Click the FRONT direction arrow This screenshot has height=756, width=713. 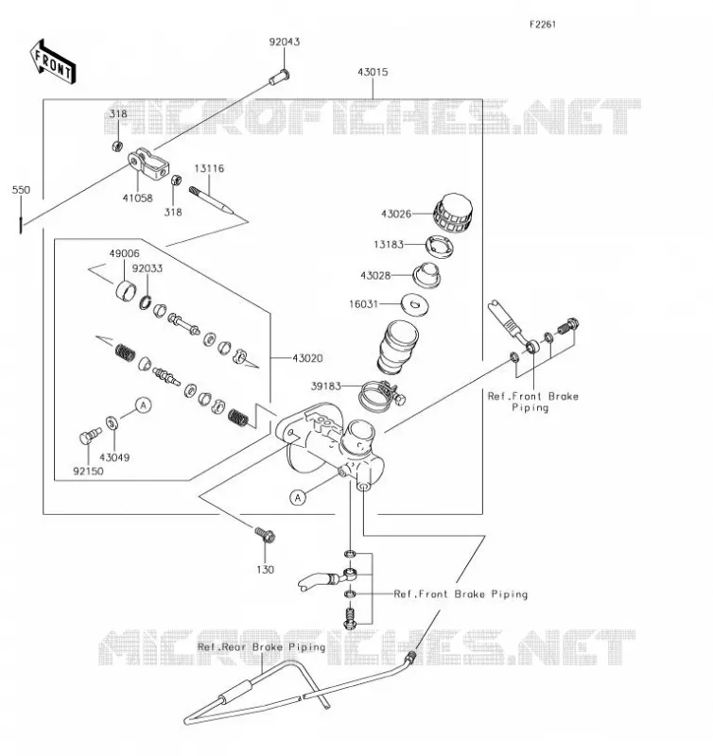(53, 61)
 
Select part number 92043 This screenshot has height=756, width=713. (284, 42)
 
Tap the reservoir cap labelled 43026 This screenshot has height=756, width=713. (453, 214)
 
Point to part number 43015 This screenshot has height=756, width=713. (373, 73)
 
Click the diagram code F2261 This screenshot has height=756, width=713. (543, 25)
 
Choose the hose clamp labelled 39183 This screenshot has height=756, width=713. (382, 395)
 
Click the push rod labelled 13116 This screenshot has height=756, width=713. (211, 199)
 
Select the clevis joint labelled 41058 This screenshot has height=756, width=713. (148, 163)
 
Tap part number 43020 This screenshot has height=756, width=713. (307, 358)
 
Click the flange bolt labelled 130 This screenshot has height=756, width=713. (265, 534)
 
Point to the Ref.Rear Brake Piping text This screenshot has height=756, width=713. (262, 647)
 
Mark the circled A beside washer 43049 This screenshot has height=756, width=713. (144, 405)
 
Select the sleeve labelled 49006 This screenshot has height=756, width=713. (126, 289)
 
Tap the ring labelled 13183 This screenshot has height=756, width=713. (440, 245)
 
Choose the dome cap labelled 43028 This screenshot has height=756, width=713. (426, 276)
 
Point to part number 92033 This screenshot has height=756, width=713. (148, 268)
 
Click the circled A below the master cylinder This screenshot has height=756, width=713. (298, 498)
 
